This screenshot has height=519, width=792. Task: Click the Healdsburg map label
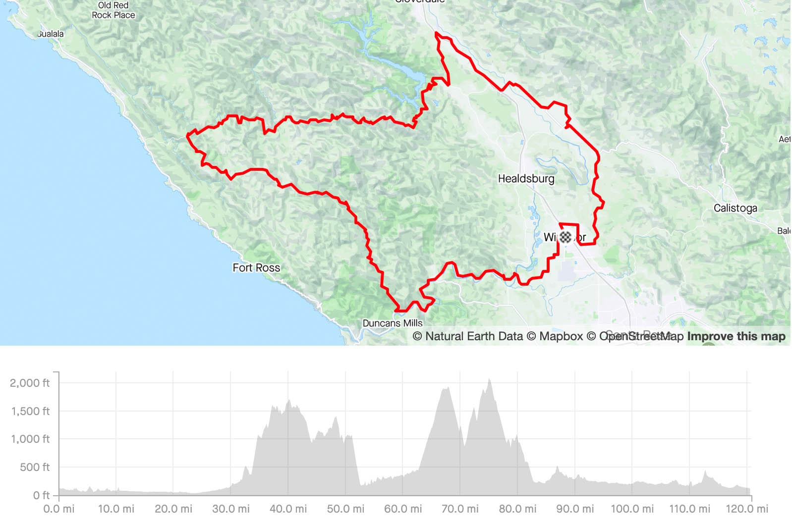(x=526, y=178)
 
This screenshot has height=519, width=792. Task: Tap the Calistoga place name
(x=735, y=208)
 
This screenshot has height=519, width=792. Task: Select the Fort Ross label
(x=256, y=267)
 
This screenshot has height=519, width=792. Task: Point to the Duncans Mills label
(x=393, y=323)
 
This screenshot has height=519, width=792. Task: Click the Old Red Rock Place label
(x=113, y=10)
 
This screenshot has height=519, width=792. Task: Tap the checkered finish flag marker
(x=566, y=237)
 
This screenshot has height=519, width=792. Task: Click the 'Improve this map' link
(x=736, y=336)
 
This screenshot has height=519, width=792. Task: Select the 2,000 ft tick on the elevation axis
(x=30, y=383)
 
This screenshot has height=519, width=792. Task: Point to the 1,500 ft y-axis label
(x=30, y=411)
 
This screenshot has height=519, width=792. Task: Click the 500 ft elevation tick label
(x=34, y=467)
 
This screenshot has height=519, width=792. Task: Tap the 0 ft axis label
(x=41, y=495)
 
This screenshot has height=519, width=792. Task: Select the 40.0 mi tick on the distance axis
(x=288, y=509)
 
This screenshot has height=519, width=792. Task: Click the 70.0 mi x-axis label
(x=460, y=509)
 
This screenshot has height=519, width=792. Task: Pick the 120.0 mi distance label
(x=746, y=509)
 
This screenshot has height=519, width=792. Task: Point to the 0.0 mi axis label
(x=59, y=509)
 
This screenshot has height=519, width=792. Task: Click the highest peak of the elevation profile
(x=490, y=380)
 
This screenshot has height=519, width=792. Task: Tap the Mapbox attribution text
(x=555, y=336)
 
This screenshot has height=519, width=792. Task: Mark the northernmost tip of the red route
(x=436, y=33)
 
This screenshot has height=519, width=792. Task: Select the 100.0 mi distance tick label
(x=632, y=509)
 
